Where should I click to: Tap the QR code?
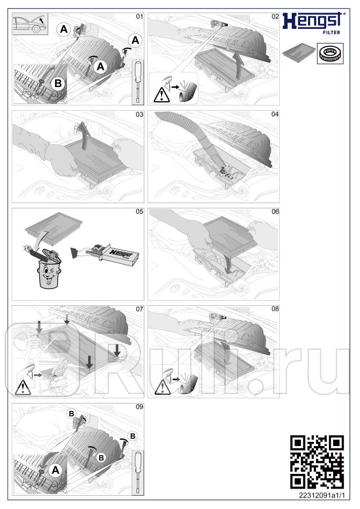[317, 462]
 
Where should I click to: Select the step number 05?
[139, 211]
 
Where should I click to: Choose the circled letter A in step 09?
[55, 471]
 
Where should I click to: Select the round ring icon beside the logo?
[329, 53]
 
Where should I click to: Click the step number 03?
[139, 114]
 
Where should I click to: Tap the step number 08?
[275, 309]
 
